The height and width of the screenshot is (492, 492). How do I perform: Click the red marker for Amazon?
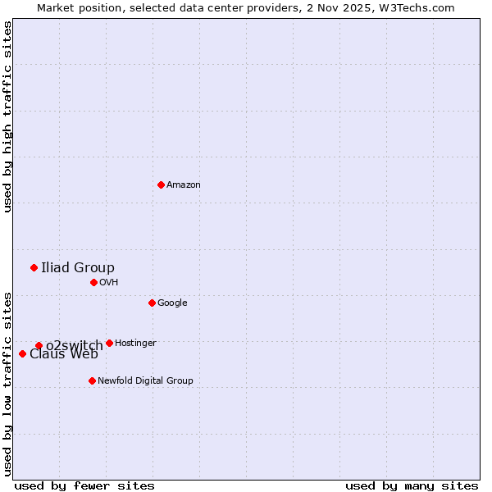(x=161, y=184)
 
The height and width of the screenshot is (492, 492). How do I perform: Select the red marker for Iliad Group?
(x=34, y=267)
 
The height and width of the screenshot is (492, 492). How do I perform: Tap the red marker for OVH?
(x=93, y=282)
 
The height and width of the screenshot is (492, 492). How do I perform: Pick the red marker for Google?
(x=152, y=303)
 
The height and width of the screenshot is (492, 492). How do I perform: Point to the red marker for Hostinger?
(x=109, y=343)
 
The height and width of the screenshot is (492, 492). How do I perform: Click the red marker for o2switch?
(x=39, y=345)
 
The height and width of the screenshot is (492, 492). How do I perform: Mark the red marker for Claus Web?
(x=22, y=353)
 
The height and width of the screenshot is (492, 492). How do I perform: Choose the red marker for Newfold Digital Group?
(x=92, y=380)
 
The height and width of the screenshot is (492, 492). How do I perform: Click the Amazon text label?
(x=184, y=185)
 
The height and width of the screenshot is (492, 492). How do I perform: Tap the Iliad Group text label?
(x=78, y=267)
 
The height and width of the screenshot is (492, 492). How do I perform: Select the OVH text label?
(x=109, y=283)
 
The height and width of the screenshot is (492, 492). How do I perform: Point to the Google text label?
(x=172, y=303)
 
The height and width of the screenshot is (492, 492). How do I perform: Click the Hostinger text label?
(x=135, y=344)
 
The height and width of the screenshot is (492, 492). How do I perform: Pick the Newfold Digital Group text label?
(x=145, y=381)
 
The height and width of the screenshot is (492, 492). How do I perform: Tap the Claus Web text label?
(x=64, y=355)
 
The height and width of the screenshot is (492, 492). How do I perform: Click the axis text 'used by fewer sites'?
(x=84, y=485)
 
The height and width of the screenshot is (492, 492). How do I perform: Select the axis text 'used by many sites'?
(x=412, y=485)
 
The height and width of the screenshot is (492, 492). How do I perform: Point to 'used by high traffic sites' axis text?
(x=7, y=116)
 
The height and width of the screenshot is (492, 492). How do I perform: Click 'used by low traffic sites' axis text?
(x=7, y=383)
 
